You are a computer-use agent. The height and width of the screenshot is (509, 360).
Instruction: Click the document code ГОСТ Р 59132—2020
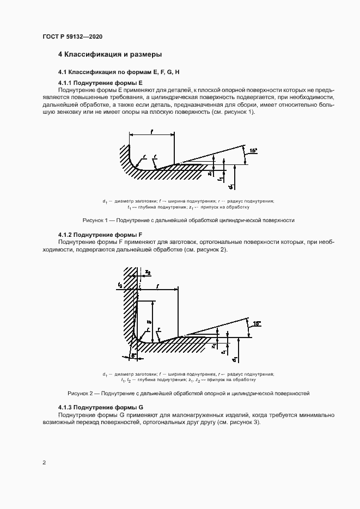(72, 36)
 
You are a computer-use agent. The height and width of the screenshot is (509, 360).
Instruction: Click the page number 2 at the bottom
(44, 463)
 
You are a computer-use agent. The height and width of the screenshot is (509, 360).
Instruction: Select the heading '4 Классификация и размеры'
(110, 54)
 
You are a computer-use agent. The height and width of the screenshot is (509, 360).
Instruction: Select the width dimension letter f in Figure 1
(151, 131)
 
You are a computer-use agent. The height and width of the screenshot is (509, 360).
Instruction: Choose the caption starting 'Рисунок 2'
(188, 392)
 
